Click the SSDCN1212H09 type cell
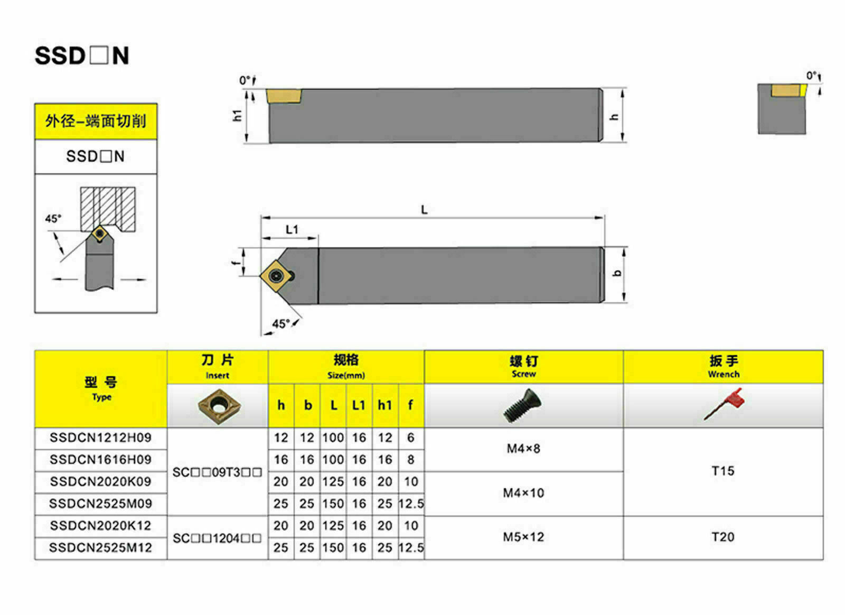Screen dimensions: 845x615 100,437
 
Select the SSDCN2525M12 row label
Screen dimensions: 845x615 100,548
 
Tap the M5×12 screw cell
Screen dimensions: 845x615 523,537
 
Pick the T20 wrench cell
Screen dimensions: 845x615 723,537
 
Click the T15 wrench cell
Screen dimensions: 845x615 723,471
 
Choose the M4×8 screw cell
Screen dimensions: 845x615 523,449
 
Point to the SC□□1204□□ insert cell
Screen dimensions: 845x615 217,538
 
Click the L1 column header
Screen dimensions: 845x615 359,405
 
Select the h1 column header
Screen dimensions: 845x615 385,405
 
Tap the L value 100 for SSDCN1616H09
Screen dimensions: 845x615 333,460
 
